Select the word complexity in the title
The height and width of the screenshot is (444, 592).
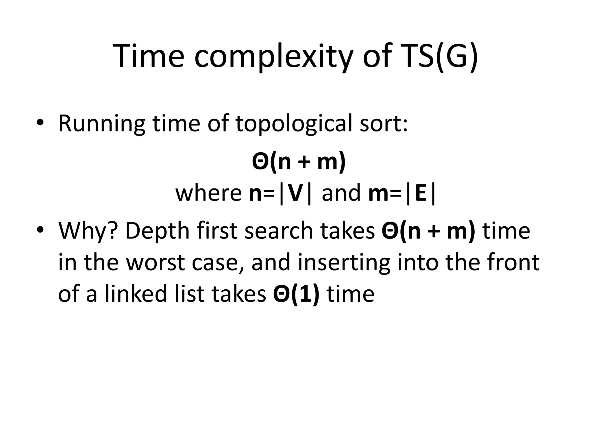(x=274, y=56)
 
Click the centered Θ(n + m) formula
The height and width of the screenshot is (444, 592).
(x=299, y=162)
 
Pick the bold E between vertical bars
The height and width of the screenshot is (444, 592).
(x=421, y=193)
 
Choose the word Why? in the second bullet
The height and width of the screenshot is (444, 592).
(x=88, y=231)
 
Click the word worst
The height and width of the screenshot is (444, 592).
(x=155, y=262)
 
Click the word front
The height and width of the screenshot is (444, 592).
(x=513, y=262)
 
